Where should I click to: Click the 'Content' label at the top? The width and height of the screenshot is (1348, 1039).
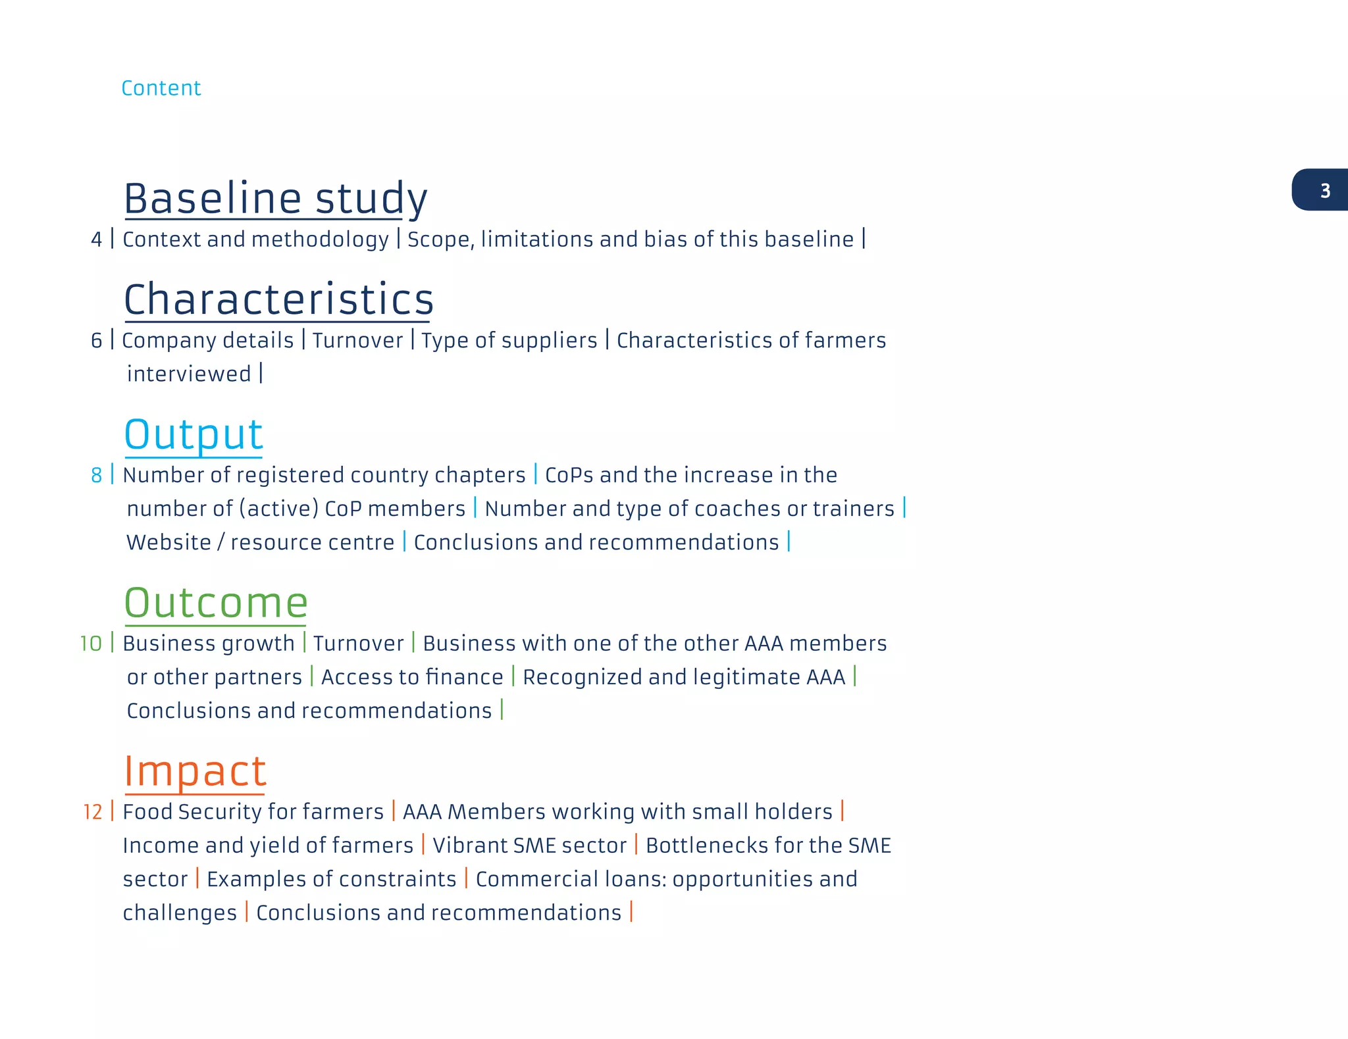point(161,88)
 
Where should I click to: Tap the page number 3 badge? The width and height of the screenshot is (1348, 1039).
point(1324,191)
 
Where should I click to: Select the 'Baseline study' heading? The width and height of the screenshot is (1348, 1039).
point(276,198)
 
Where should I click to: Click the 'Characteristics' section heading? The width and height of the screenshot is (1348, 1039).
point(278,299)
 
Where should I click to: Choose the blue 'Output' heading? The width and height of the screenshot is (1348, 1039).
point(194,434)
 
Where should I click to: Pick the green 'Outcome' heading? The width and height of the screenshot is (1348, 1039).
point(216,603)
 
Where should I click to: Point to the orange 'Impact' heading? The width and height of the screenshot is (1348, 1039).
point(195,771)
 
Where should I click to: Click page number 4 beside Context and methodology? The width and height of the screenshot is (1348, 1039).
point(96,240)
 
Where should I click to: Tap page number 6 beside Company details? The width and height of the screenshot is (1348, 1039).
point(96,341)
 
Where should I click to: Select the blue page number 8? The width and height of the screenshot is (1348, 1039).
point(96,475)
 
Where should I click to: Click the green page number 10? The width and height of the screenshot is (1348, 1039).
point(91,644)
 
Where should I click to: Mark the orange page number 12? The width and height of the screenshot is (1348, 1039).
point(92,812)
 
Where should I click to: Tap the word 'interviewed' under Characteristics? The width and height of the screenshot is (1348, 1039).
point(189,374)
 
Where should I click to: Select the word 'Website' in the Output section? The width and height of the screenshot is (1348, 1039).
point(168,543)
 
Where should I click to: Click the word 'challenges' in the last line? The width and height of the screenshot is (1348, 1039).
point(180,913)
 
